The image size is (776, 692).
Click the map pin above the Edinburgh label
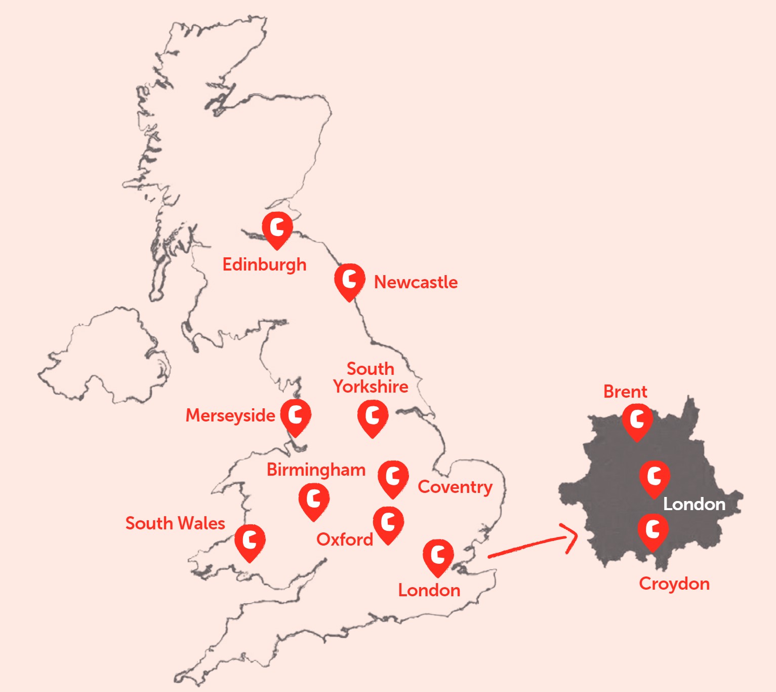point(277,228)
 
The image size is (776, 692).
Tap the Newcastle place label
point(416,282)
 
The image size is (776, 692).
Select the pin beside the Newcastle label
point(349,280)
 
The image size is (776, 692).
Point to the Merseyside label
point(230,415)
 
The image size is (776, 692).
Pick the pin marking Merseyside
point(296,415)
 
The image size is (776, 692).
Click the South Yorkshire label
point(371,377)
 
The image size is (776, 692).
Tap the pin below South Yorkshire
point(373,416)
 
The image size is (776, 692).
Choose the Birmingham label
point(316,470)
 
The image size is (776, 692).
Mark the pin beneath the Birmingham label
point(314,499)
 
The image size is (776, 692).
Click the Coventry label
point(455,487)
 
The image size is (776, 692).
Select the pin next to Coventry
point(393,477)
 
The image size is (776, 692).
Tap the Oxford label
point(345,540)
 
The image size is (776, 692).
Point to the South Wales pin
point(250,541)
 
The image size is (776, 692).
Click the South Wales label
point(175,523)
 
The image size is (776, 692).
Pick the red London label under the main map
point(429,590)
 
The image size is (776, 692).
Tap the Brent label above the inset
point(625,392)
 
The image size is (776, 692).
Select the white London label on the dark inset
point(694,504)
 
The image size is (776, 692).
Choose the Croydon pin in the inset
point(653,530)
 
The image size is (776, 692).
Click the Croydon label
point(674,584)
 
